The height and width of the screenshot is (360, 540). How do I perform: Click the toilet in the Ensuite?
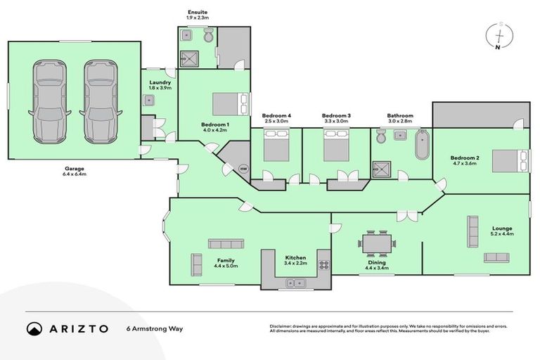coord(208,36)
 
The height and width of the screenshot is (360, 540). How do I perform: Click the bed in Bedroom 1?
coord(231,103)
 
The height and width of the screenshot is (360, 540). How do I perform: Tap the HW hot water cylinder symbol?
coord(243,169)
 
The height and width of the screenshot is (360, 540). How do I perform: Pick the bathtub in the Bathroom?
coord(423,144)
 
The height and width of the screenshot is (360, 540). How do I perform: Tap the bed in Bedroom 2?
coord(510,161)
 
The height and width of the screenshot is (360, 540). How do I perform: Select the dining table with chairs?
coord(377,243)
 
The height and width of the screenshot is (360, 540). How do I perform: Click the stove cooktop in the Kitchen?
coord(324,266)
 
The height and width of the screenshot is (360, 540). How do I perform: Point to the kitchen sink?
coord(294,283)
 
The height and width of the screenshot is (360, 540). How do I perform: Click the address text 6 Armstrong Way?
coord(155,328)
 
